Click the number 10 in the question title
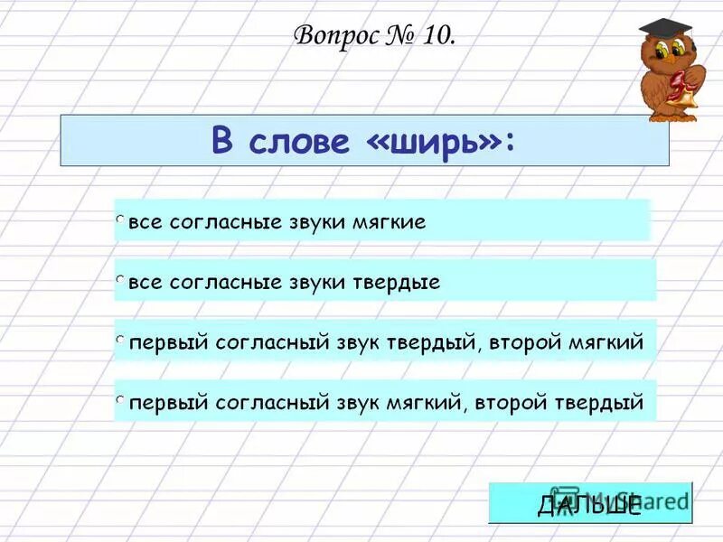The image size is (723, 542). tap(433, 37)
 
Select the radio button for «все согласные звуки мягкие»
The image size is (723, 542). tap(120, 220)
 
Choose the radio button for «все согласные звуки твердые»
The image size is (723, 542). tap(120, 281)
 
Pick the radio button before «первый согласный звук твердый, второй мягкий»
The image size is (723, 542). tap(120, 341)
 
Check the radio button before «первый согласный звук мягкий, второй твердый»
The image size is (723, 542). tap(120, 399)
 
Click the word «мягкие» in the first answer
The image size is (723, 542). tap(389, 222)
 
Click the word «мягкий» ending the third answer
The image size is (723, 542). tap(606, 343)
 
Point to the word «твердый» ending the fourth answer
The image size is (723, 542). tap(606, 402)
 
